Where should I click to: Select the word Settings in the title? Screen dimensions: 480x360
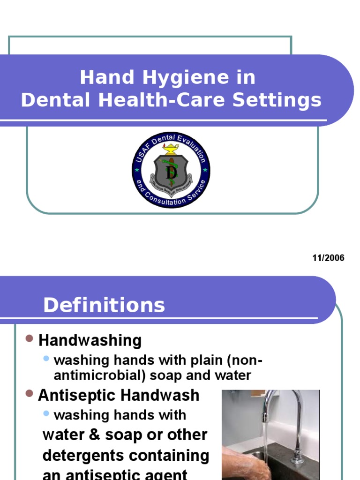[285, 101]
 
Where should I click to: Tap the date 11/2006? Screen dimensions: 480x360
[328, 258]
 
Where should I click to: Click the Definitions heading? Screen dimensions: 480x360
[104, 305]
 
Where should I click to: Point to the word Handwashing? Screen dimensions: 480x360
[90, 341]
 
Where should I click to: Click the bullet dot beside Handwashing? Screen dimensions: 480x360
[29, 339]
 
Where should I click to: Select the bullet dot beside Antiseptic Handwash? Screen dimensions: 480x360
[29, 394]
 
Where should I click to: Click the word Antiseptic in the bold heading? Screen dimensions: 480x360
[77, 395]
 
